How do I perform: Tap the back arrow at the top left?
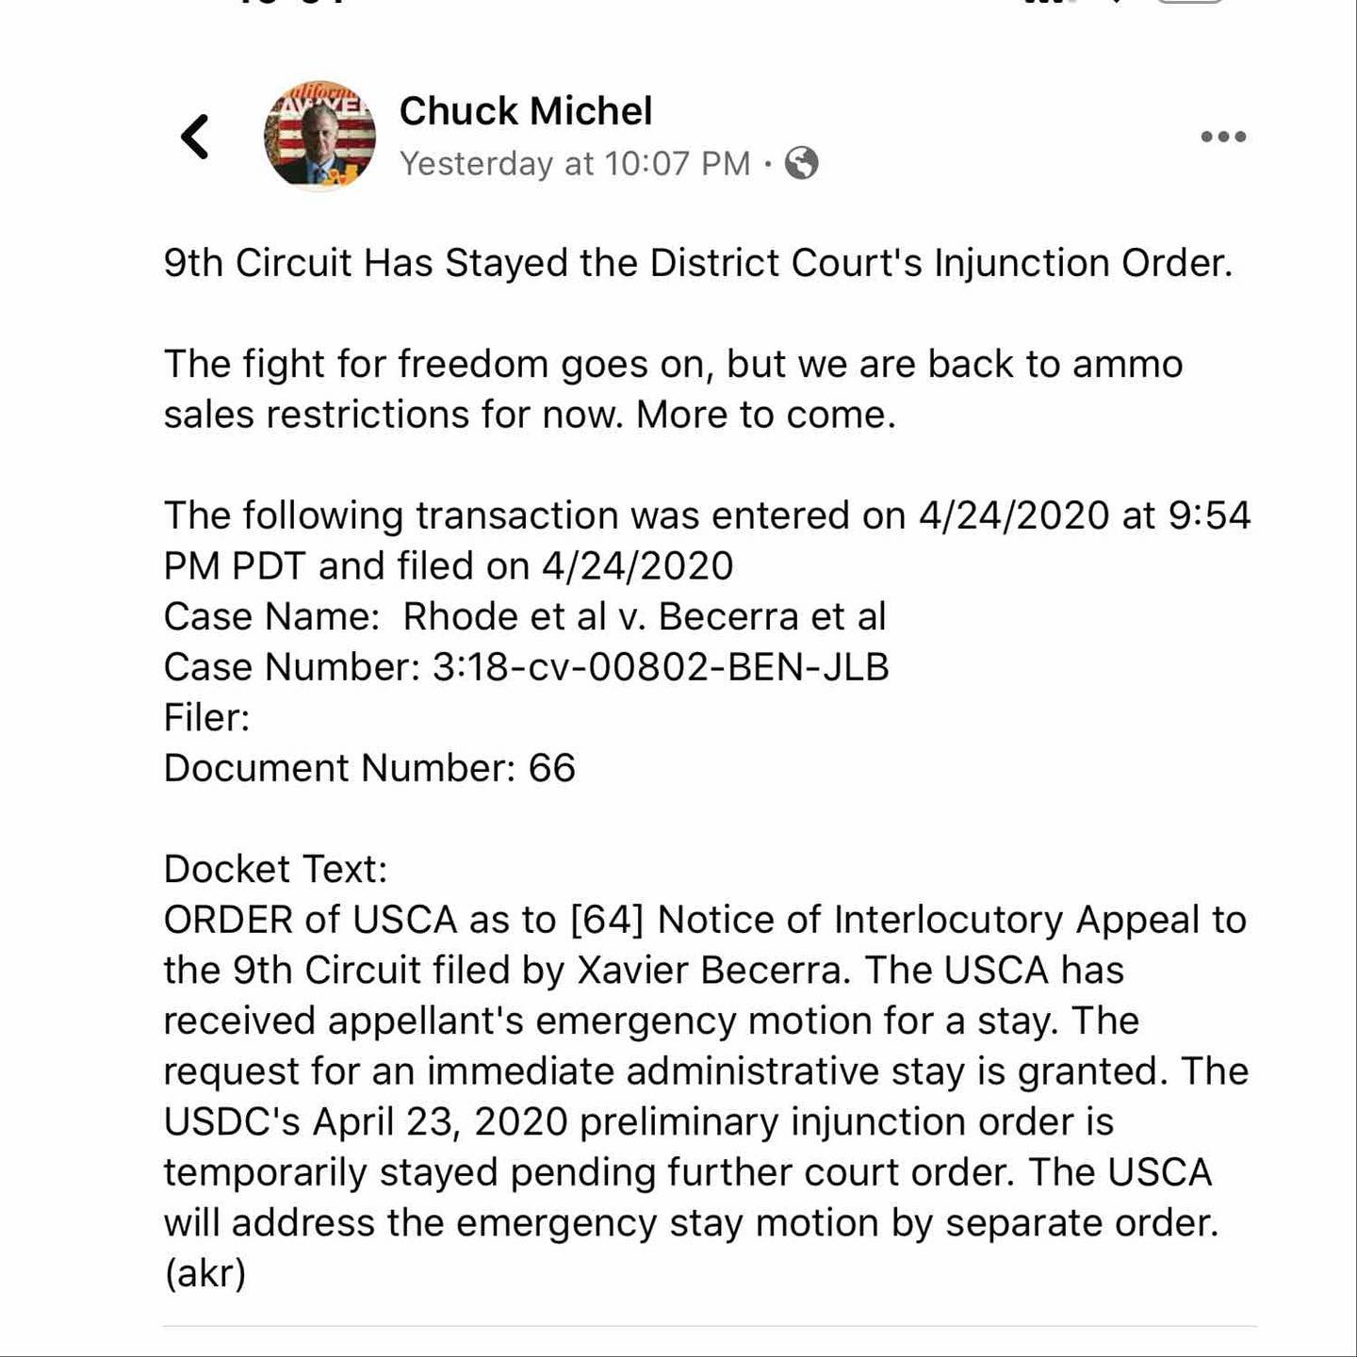[x=195, y=137]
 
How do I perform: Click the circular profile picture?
[x=319, y=136]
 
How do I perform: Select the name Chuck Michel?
[x=525, y=111]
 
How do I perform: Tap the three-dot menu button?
[x=1223, y=137]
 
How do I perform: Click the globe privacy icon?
[x=802, y=164]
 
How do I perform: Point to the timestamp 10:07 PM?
[x=677, y=164]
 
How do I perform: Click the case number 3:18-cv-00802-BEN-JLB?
[x=661, y=667]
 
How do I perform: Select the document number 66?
[x=551, y=768]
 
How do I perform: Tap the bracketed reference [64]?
[x=607, y=920]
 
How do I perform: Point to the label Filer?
[x=206, y=717]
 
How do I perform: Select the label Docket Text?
[x=275, y=869]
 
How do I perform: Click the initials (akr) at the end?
[x=205, y=1273]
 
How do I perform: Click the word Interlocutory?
[x=948, y=920]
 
